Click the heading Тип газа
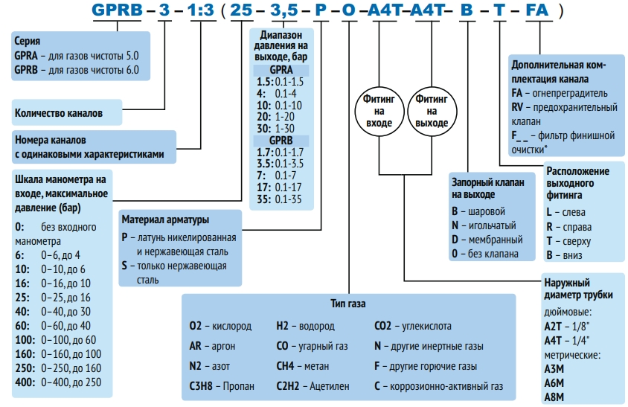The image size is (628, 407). click(348, 304)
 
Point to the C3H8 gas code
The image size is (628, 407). click(206, 386)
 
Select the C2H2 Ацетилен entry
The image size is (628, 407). click(305, 386)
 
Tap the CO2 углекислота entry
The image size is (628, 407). click(412, 326)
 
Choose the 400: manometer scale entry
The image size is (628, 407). click(57, 381)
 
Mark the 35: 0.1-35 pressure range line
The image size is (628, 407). click(280, 199)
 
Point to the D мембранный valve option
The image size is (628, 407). click(487, 239)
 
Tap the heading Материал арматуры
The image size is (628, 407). click(165, 220)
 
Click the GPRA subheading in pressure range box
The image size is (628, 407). click(281, 70)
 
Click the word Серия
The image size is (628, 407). click(28, 41)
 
